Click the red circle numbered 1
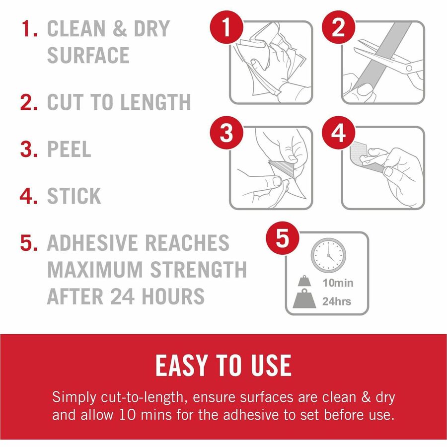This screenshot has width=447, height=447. tap(226, 27)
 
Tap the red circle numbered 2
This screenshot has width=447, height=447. tap(338, 27)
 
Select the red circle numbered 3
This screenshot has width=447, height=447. tap(226, 133)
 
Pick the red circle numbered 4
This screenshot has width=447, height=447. tap(338, 133)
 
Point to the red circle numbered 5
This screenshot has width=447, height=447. tap(283, 238)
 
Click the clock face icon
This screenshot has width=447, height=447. tap(328, 255)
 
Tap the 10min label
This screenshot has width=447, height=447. tap(338, 283)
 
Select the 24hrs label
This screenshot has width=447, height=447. tap(337, 301)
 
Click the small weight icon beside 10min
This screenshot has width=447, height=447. tap(304, 281)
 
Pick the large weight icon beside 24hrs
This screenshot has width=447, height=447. tap(304, 299)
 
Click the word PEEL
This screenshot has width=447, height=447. tap(69, 149)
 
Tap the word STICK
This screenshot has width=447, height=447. tap(74, 196)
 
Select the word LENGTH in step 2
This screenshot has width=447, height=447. tap(155, 102)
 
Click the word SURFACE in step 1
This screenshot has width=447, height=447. tap(88, 55)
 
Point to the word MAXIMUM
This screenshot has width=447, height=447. tap(95, 269)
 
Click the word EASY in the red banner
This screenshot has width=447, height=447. tap(181, 366)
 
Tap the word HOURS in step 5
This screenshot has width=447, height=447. tap(173, 296)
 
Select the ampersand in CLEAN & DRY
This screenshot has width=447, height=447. tap(120, 28)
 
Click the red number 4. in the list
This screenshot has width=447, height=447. tap(29, 196)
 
